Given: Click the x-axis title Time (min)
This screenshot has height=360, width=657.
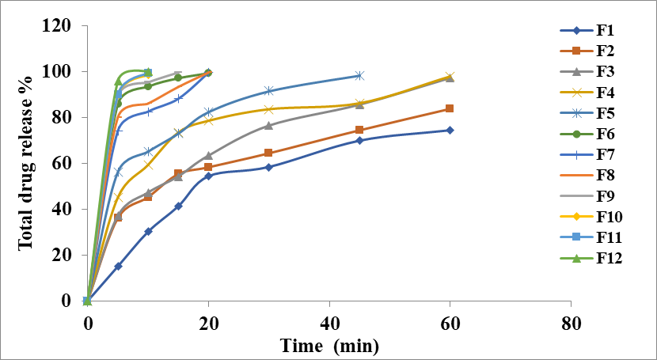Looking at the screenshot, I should point(328,346).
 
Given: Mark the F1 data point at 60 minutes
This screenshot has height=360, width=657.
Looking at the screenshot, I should point(450,130).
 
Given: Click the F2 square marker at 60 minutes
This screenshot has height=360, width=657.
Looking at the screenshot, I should point(450,108).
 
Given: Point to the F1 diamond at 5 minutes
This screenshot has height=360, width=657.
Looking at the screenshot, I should point(118,266).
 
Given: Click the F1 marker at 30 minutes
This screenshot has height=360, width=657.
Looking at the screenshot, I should point(268,167).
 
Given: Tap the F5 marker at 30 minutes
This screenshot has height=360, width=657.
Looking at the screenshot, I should point(268,91).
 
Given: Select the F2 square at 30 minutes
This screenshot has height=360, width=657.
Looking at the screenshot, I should point(268,153).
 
